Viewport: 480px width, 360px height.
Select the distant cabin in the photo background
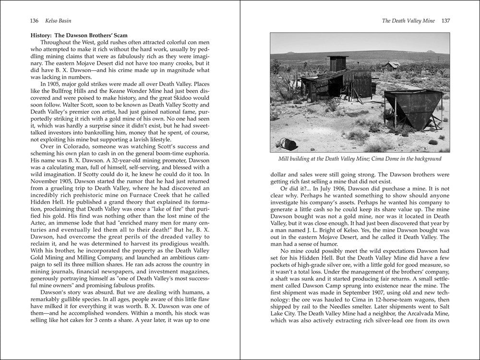[392, 65]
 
